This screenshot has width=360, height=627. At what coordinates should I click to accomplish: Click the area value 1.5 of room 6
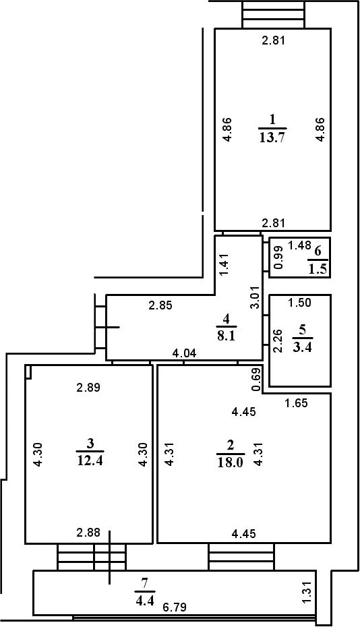pyautogui.click(x=318, y=269)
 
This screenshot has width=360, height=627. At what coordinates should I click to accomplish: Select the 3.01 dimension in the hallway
pyautogui.click(x=254, y=297)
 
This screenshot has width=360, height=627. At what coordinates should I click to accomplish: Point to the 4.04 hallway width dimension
pyautogui.click(x=184, y=353)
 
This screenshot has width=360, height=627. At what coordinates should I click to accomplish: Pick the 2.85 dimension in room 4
pyautogui.click(x=160, y=305)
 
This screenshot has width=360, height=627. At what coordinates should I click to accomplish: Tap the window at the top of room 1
pyautogui.click(x=272, y=14)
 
